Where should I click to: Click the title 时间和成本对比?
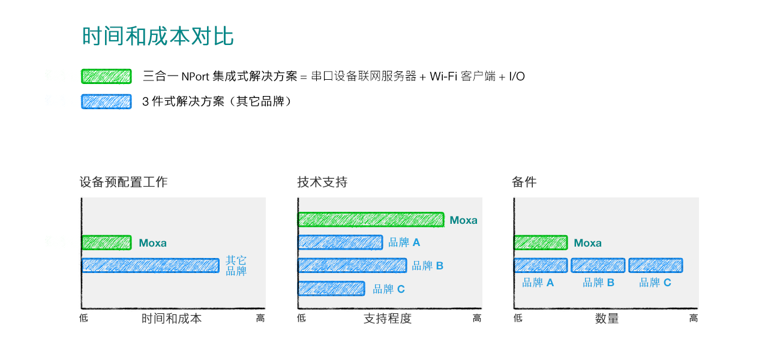[158, 36]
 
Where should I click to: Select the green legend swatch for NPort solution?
[106, 76]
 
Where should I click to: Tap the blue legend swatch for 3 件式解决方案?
[106, 101]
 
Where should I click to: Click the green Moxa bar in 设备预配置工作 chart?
[107, 242]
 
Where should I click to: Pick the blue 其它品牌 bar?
[151, 266]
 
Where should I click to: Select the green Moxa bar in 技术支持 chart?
[371, 220]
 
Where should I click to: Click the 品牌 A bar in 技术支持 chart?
[341, 242]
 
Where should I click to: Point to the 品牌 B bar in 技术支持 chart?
[352, 266]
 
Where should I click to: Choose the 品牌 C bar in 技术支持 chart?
[331, 289]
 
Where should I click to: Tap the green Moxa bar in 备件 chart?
[541, 242]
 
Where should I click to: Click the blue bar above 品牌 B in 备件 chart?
[598, 266]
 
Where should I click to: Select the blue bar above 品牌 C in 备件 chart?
[656, 266]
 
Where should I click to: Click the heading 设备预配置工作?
[124, 182]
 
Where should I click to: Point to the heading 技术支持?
[322, 182]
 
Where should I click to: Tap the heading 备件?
[524, 182]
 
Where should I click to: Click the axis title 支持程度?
[388, 318]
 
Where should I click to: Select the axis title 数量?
[607, 318]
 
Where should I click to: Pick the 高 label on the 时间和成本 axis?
[260, 318]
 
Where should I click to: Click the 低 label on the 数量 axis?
[518, 318]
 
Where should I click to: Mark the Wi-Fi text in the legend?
[443, 76]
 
